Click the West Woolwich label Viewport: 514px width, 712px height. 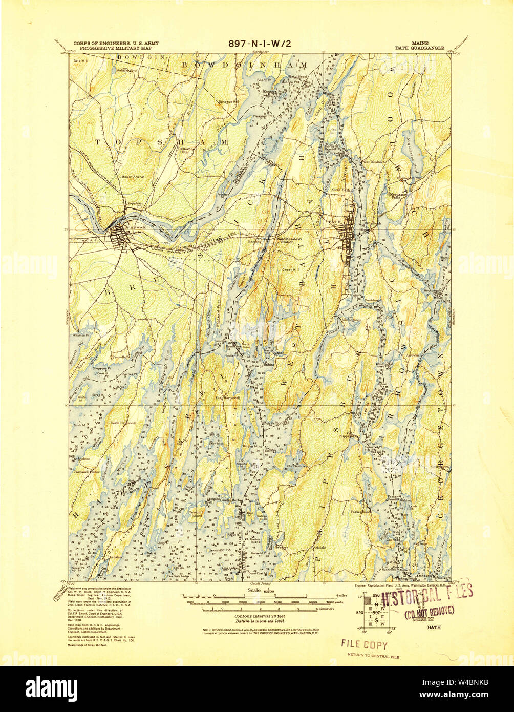[373, 162]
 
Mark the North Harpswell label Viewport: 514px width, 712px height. [123, 423]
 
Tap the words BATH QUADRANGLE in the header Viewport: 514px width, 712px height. [419, 47]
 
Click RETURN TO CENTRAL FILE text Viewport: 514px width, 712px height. [373, 655]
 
